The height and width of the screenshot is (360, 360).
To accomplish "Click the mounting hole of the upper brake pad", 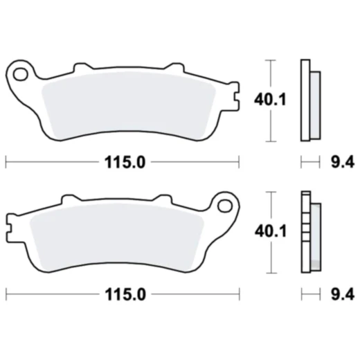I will point(20,71).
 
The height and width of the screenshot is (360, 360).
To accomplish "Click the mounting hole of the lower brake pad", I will point(224,205).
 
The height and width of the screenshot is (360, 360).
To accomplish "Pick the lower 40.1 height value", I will point(262,233).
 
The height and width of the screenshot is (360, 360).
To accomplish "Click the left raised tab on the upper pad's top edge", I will point(80,67).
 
